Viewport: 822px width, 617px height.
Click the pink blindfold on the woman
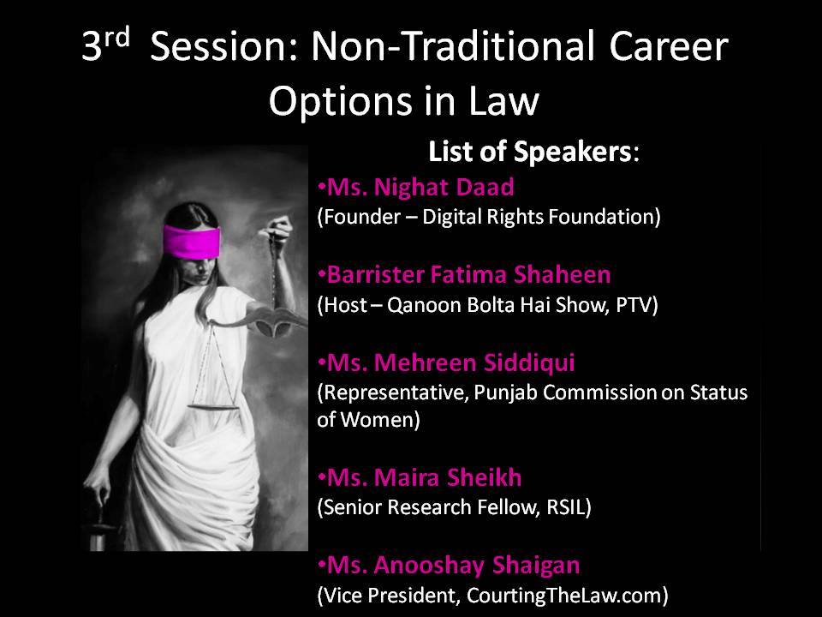click(191, 241)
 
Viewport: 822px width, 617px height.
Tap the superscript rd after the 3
click(116, 37)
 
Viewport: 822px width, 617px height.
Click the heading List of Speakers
click(533, 153)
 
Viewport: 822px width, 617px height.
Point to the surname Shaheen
click(562, 274)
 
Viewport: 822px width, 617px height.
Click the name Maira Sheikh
click(447, 477)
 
